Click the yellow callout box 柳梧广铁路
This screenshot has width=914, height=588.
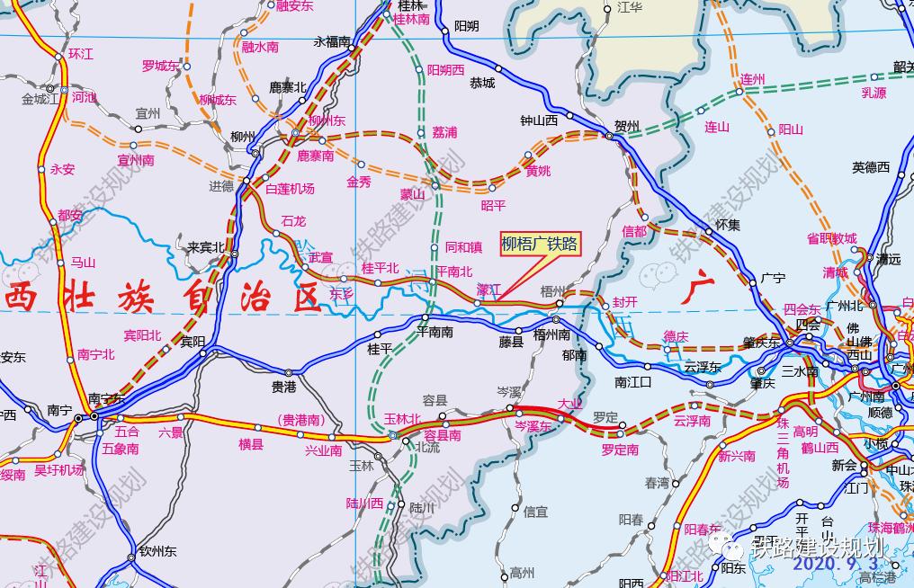[540, 244]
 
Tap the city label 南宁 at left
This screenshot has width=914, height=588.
[59, 410]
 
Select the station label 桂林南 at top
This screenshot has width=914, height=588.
[413, 18]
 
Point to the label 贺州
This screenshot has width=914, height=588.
[626, 126]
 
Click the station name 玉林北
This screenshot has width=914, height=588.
[401, 419]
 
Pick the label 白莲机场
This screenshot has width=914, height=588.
[291, 189]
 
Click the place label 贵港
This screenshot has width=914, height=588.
[284, 388]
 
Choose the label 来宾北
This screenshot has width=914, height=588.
[205, 246]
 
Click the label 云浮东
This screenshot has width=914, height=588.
[703, 368]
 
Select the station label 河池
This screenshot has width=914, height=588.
[84, 97]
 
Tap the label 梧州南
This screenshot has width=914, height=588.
[551, 335]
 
